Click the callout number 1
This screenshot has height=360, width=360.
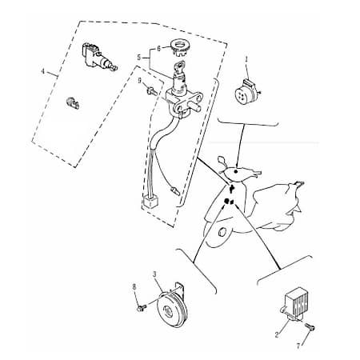246,59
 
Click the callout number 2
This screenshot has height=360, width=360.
277,334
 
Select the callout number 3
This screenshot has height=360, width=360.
154,274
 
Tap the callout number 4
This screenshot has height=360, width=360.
43,71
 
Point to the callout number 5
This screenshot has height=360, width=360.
138,57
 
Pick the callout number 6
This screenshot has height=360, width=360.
158,49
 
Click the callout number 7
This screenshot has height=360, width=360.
298,346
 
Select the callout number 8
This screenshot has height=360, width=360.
134,287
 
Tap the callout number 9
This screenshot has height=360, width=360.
139,80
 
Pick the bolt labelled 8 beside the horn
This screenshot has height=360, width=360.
142,308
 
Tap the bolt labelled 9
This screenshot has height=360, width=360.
152,91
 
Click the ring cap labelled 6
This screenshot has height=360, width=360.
179,46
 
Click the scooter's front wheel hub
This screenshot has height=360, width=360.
222,231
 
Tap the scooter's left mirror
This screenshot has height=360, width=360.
222,161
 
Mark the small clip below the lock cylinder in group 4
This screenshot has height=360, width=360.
73,102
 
